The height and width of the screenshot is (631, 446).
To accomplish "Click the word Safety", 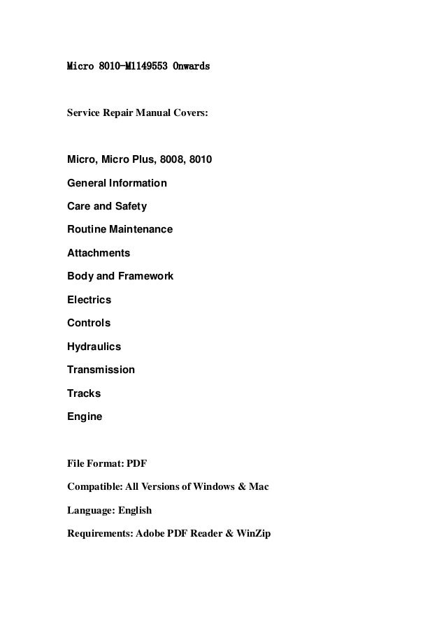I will (128, 207).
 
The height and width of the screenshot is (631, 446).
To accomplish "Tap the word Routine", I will (86, 230).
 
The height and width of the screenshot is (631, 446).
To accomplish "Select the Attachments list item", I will (99, 253).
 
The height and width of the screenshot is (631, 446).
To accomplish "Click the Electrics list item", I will (89, 300).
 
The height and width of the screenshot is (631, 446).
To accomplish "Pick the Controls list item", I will (89, 323).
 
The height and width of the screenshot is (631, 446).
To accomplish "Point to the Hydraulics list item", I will (94, 347).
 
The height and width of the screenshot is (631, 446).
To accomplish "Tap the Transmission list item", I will (101, 370).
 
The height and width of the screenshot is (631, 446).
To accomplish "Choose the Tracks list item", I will (84, 393).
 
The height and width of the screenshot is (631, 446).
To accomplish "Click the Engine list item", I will (85, 416).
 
